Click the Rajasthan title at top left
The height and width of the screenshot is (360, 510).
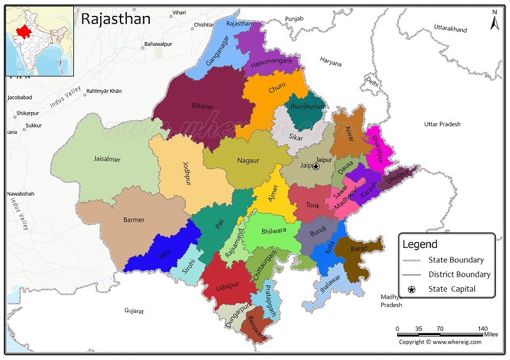click(116, 19)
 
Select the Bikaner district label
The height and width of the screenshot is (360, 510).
click(203, 106)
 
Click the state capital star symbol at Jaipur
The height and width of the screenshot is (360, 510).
click(316, 166)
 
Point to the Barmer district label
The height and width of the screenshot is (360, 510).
click(134, 220)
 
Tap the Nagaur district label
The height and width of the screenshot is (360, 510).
click(248, 161)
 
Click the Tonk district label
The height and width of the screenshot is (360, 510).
click(312, 205)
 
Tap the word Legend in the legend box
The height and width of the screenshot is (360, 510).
click(419, 244)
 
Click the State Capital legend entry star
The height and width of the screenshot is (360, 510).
click(412, 290)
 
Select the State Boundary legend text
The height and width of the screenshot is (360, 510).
click(456, 260)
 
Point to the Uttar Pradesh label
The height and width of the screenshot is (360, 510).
click(442, 124)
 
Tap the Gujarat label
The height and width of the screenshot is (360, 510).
click(134, 312)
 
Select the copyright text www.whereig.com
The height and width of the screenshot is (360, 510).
click(440, 342)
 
